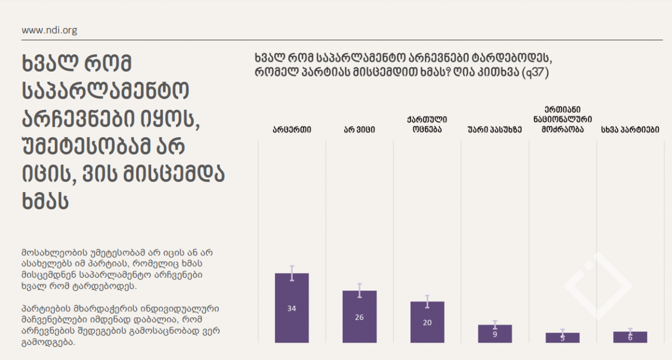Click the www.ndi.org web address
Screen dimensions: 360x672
point(49,30)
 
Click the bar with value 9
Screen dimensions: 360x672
point(495,334)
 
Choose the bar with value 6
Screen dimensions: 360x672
point(630,337)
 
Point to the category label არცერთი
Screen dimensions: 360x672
point(292,130)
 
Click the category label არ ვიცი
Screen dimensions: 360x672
point(360,130)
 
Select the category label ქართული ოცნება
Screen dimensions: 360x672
point(427,124)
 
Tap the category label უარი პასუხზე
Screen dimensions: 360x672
point(495,130)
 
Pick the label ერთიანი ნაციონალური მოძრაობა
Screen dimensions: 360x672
point(562,119)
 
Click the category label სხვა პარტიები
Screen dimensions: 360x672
point(630,130)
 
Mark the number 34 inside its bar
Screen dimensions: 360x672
point(292,308)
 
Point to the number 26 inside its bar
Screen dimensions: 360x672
point(360,317)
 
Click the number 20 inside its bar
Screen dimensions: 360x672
point(427,322)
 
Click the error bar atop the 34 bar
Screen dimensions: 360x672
point(292,273)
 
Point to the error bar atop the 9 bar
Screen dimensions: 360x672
point(495,325)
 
